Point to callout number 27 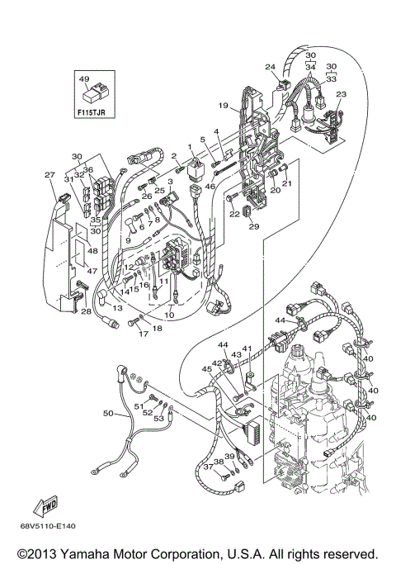click(x=49, y=174)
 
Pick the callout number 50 click(x=107, y=411)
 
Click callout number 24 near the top click(x=270, y=67)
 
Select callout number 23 click(x=341, y=94)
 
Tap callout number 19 click(x=223, y=106)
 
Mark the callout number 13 click(x=117, y=307)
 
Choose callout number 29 click(x=254, y=226)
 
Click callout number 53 click(x=159, y=419)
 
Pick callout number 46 click(x=210, y=187)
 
